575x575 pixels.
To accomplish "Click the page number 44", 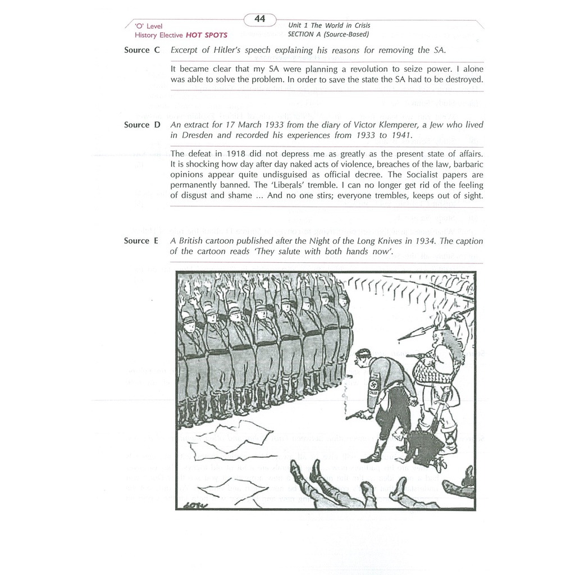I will pyautogui.click(x=260, y=19).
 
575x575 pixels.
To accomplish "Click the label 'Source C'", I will pyautogui.click(x=142, y=50).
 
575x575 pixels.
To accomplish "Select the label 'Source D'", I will pyautogui.click(x=142, y=125).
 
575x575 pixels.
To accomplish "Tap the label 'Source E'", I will pyautogui.click(x=142, y=241).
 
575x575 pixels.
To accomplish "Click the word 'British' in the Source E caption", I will pyautogui.click(x=194, y=241).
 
